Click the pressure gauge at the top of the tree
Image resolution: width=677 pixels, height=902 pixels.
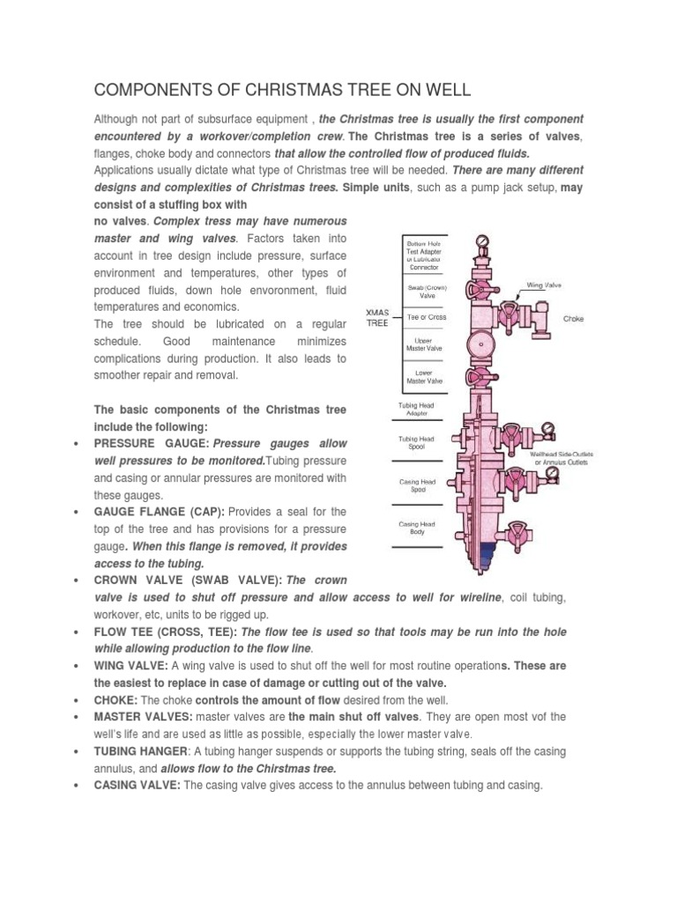pyautogui.click(x=481, y=240)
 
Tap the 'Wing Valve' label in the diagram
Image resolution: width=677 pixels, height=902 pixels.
pyautogui.click(x=545, y=285)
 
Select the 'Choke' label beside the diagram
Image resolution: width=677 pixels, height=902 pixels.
pyautogui.click(x=574, y=319)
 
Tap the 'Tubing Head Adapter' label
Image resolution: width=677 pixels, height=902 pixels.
pyautogui.click(x=416, y=409)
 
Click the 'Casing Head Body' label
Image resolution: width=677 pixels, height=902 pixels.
pyautogui.click(x=418, y=529)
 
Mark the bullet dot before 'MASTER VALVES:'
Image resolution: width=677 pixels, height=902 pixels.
pyautogui.click(x=80, y=717)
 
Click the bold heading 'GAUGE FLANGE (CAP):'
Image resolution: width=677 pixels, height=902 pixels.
pyautogui.click(x=160, y=512)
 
